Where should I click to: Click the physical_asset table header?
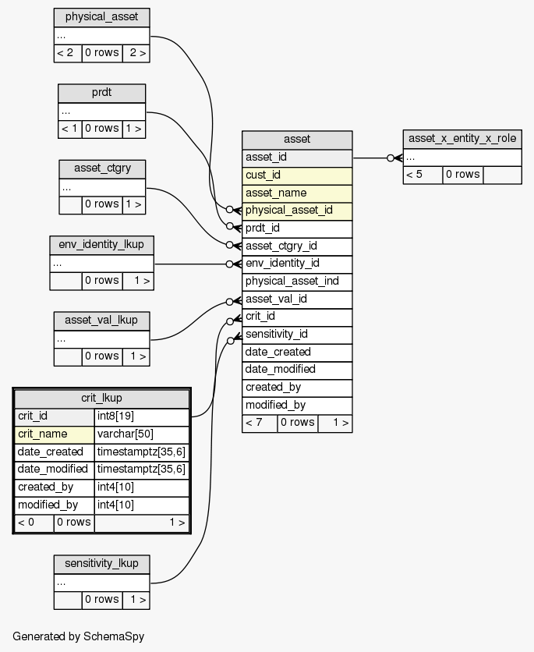tap(101, 17)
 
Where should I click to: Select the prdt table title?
tap(101, 93)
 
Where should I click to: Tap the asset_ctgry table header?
tap(102, 168)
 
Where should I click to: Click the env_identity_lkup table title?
tap(101, 244)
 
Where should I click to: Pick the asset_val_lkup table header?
tap(101, 320)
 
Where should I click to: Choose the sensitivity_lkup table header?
tap(101, 563)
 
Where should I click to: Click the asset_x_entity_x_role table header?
tap(462, 139)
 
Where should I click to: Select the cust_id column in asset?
tap(297, 175)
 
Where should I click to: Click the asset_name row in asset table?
tap(297, 193)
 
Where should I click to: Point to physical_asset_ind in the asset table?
tap(297, 281)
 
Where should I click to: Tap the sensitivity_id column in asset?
tap(297, 334)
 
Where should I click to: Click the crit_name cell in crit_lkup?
tap(54, 434)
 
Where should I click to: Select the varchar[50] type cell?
tap(142, 434)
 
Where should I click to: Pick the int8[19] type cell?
tap(142, 416)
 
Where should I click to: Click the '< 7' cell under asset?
tap(260, 423)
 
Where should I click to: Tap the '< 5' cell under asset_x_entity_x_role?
tap(423, 174)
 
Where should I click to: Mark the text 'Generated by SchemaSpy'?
tap(79, 636)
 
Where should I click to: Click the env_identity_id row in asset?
tap(297, 263)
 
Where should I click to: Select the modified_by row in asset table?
tap(297, 405)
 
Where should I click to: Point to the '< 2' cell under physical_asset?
tap(68, 53)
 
